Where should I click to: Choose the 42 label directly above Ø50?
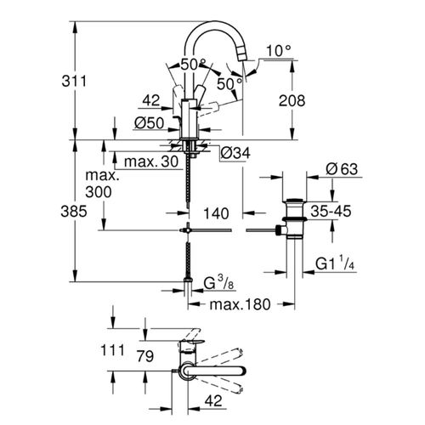pos(151,99)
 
